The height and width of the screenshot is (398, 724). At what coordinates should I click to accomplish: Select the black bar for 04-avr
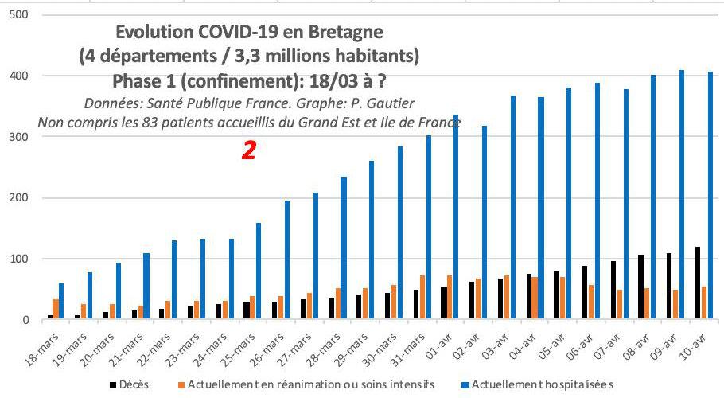pos(529,297)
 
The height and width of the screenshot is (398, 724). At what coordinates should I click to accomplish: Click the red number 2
pos(248,151)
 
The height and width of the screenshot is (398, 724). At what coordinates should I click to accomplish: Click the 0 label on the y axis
pos(24,320)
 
